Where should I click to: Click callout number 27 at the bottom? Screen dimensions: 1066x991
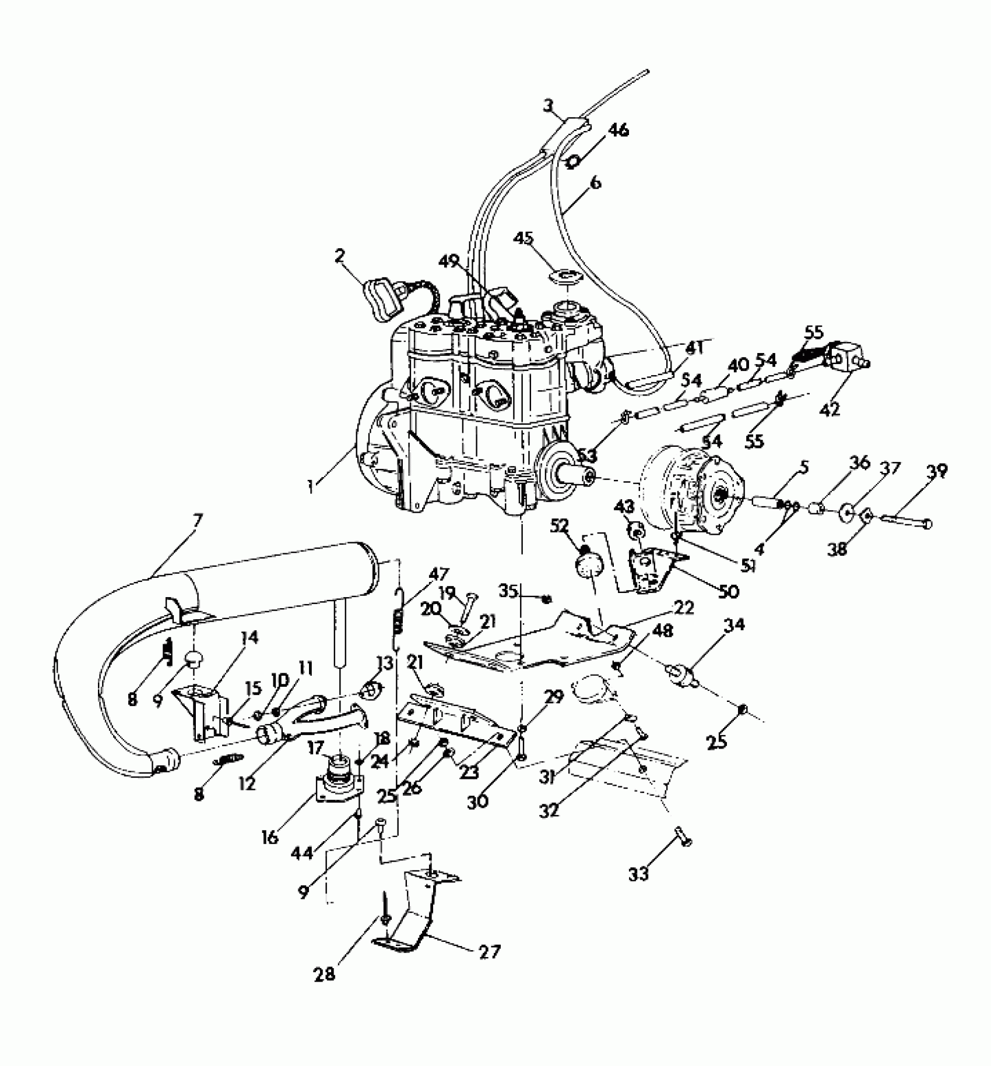click(x=489, y=952)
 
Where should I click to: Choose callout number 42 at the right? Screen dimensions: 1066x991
click(x=832, y=408)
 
